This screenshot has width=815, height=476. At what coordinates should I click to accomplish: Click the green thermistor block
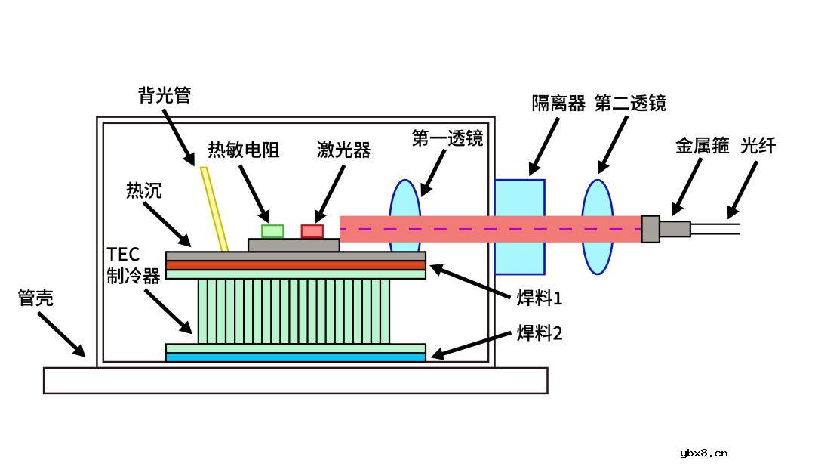point(272,231)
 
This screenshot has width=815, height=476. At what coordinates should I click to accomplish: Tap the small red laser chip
point(312,231)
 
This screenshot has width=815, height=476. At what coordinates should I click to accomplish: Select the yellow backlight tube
point(214,209)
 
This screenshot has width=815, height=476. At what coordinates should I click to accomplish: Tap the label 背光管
point(165,95)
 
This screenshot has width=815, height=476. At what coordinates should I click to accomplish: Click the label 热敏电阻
point(244,150)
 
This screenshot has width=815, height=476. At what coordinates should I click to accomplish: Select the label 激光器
point(344,150)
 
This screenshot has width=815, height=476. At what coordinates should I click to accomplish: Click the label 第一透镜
point(447,139)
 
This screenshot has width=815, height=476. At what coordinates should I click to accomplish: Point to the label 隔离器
point(558,103)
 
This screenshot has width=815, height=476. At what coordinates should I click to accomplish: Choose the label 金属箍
point(702,146)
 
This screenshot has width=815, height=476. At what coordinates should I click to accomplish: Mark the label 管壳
point(35,298)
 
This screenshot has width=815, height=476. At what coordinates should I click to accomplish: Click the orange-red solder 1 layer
point(296,265)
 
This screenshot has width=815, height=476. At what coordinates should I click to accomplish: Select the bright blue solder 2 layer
point(296,357)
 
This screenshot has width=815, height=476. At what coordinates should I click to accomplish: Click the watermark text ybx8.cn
point(703,453)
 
